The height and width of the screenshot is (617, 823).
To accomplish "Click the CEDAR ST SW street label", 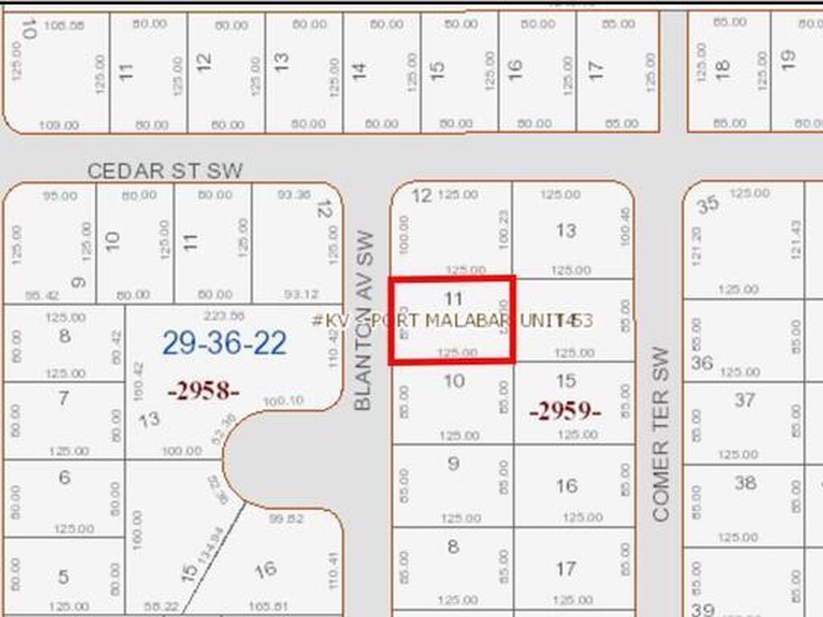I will (165, 171).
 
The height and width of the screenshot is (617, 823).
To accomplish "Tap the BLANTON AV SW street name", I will (365, 321).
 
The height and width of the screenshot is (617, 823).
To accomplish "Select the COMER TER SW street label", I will (661, 434).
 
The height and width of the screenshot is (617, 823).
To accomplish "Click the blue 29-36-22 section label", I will (224, 343).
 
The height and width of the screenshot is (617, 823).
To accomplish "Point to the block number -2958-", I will (203, 392).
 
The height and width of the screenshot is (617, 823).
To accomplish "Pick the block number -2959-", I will (565, 411).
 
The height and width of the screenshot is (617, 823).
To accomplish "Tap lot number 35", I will (708, 205).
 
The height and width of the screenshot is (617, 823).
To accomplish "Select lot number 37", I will (744, 399).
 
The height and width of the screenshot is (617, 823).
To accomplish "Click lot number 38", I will (745, 483).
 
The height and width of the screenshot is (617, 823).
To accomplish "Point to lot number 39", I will (702, 609).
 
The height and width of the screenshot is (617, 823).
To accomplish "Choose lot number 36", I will (702, 363).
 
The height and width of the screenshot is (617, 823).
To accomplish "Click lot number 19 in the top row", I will (788, 58).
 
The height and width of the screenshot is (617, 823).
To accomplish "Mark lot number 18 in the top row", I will (723, 70).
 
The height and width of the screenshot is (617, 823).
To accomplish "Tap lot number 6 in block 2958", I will (64, 477).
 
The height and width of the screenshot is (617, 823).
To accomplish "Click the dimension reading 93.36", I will (293, 194).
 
